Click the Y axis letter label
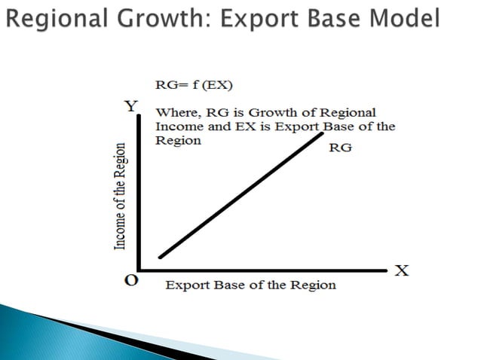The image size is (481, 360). pos(131,106)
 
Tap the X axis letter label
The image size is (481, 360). pos(402,270)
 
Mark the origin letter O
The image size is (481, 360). pos(131,280)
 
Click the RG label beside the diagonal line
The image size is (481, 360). pos(341,148)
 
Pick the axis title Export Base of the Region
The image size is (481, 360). pos(250,285)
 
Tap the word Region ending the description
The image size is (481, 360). pos(178,140)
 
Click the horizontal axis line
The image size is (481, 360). pos(264,269)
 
